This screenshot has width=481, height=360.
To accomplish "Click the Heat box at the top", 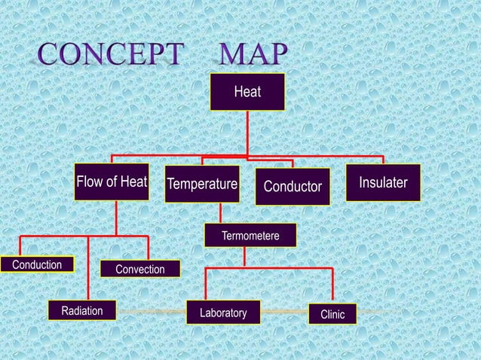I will tap(247, 92).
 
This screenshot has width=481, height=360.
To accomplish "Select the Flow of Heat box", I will tap(112, 182).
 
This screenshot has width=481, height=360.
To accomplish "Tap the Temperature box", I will tap(202, 185).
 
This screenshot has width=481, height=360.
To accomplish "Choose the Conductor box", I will tap(293, 186).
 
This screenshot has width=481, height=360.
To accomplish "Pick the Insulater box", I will tap(383, 183).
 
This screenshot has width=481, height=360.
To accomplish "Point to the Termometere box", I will tap(250, 236).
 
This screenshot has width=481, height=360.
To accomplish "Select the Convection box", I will tap(140, 269).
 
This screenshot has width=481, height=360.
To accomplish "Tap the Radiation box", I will tap(81, 311).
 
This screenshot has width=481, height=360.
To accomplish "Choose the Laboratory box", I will tap(223, 312).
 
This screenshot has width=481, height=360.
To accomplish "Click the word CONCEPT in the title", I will tap(112, 54).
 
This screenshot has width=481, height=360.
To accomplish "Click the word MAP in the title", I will tap(253, 54).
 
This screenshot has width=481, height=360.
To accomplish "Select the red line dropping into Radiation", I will tap(89, 271).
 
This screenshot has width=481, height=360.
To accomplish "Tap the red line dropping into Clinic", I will tap(332, 286).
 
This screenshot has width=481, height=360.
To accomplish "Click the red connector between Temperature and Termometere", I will tap(220, 213).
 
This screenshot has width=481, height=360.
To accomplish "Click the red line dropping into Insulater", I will tap(384, 160).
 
